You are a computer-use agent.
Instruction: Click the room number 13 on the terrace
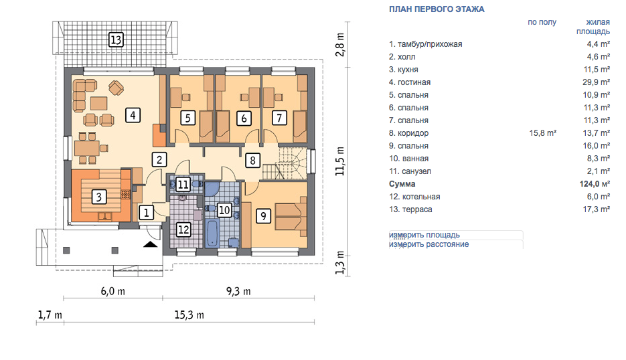click(x=116, y=40)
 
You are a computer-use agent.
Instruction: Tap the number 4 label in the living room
click(x=133, y=115)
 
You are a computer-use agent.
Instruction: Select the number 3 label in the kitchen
click(x=99, y=196)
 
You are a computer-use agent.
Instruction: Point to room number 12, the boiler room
click(x=183, y=230)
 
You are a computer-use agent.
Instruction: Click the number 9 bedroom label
click(x=264, y=216)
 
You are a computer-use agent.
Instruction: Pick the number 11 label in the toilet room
click(x=183, y=184)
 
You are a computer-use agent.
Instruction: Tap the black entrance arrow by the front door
click(x=151, y=244)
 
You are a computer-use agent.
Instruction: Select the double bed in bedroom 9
click(x=291, y=216)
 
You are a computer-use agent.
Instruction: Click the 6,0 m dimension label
click(x=113, y=291)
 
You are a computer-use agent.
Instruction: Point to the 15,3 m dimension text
click(x=189, y=315)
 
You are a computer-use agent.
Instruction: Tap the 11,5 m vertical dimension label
click(x=339, y=161)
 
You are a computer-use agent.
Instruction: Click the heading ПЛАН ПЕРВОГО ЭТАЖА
click(x=437, y=9)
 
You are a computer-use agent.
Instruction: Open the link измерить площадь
click(x=424, y=235)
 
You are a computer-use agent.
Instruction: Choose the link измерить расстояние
click(x=428, y=244)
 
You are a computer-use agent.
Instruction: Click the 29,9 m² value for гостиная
click(x=597, y=82)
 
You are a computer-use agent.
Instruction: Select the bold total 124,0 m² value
click(x=595, y=184)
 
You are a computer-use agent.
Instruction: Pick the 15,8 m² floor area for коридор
click(x=543, y=133)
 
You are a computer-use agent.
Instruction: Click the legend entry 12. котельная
click(x=414, y=197)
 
